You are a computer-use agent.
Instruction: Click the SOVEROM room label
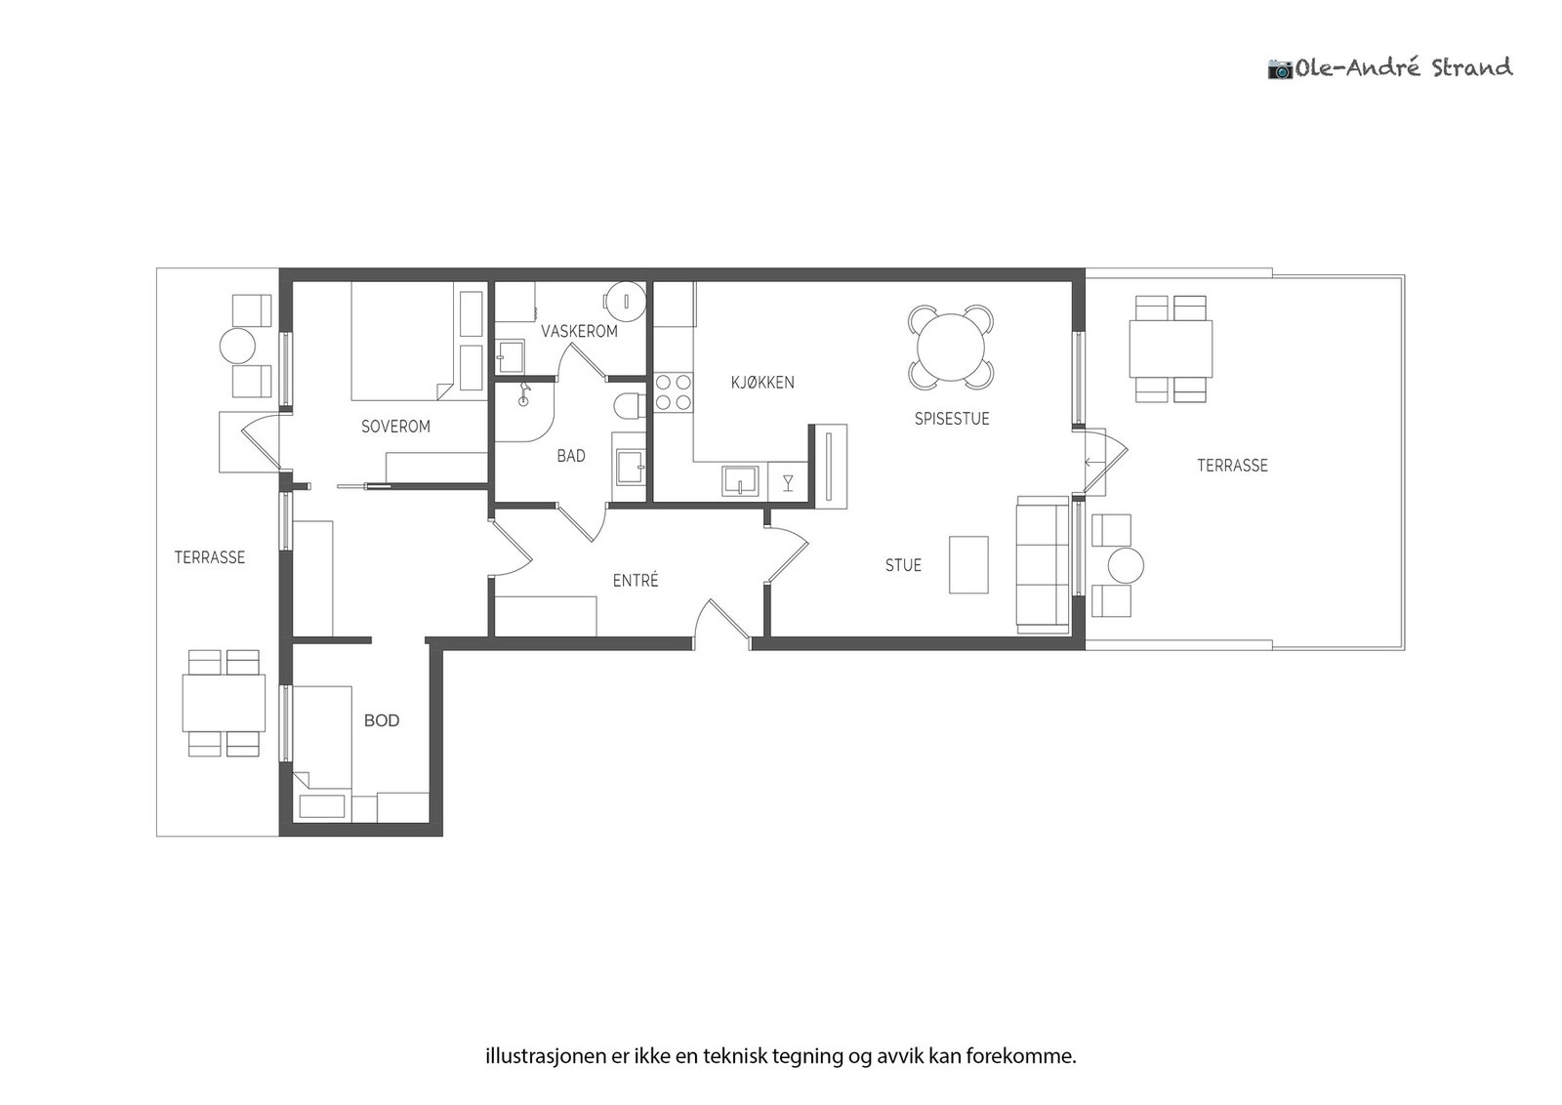pos(395,426)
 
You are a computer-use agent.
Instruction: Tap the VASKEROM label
pos(580,331)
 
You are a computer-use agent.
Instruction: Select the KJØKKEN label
pos(762,382)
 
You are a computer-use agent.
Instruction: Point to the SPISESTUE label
pos(952,419)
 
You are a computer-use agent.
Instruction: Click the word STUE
pos(903,565)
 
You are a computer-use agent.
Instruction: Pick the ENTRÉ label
pos(636,580)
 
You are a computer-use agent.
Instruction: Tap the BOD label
pos(382,720)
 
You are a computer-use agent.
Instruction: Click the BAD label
pos(570,456)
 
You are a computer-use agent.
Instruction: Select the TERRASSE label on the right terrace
pos(1232,465)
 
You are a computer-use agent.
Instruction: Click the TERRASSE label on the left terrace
pos(210,557)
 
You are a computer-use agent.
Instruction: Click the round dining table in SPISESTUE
pos(951,348)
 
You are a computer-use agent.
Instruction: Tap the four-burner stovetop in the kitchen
pos(674,391)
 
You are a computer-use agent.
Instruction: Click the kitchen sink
pos(740,481)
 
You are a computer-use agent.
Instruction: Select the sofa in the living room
pos(1043,564)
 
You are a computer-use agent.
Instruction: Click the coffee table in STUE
pos(968,564)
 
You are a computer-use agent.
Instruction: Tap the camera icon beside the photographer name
pos(1280,69)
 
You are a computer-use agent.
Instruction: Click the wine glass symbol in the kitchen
pos(788,482)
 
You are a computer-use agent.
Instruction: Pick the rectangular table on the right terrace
pos(1171,348)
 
